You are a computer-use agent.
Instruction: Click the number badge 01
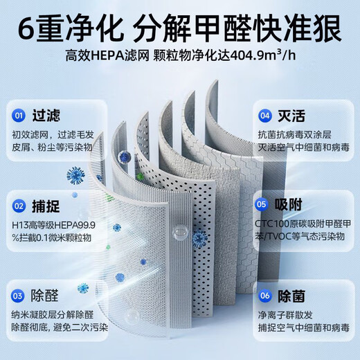(x=19, y=116)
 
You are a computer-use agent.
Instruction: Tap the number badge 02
(x=19, y=204)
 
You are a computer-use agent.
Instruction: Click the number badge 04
(x=264, y=116)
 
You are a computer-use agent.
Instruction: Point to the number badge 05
(x=262, y=204)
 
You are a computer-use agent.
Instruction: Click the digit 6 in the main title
(x=27, y=29)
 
